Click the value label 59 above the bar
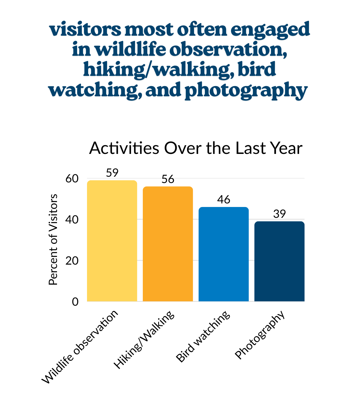click(112, 173)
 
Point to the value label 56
click(168, 179)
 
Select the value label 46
click(223, 200)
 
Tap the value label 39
click(279, 214)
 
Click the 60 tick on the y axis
click(72, 179)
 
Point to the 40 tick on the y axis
click(72, 220)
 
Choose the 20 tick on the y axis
click(72, 261)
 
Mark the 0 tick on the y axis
click(75, 302)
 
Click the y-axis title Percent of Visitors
click(53, 239)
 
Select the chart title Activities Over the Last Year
click(196, 148)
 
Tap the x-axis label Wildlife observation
click(80, 347)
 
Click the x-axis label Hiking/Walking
click(144, 340)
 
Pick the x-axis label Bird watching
click(203, 337)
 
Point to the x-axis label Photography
click(259, 335)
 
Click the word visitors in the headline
click(85, 29)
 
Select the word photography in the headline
click(246, 90)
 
